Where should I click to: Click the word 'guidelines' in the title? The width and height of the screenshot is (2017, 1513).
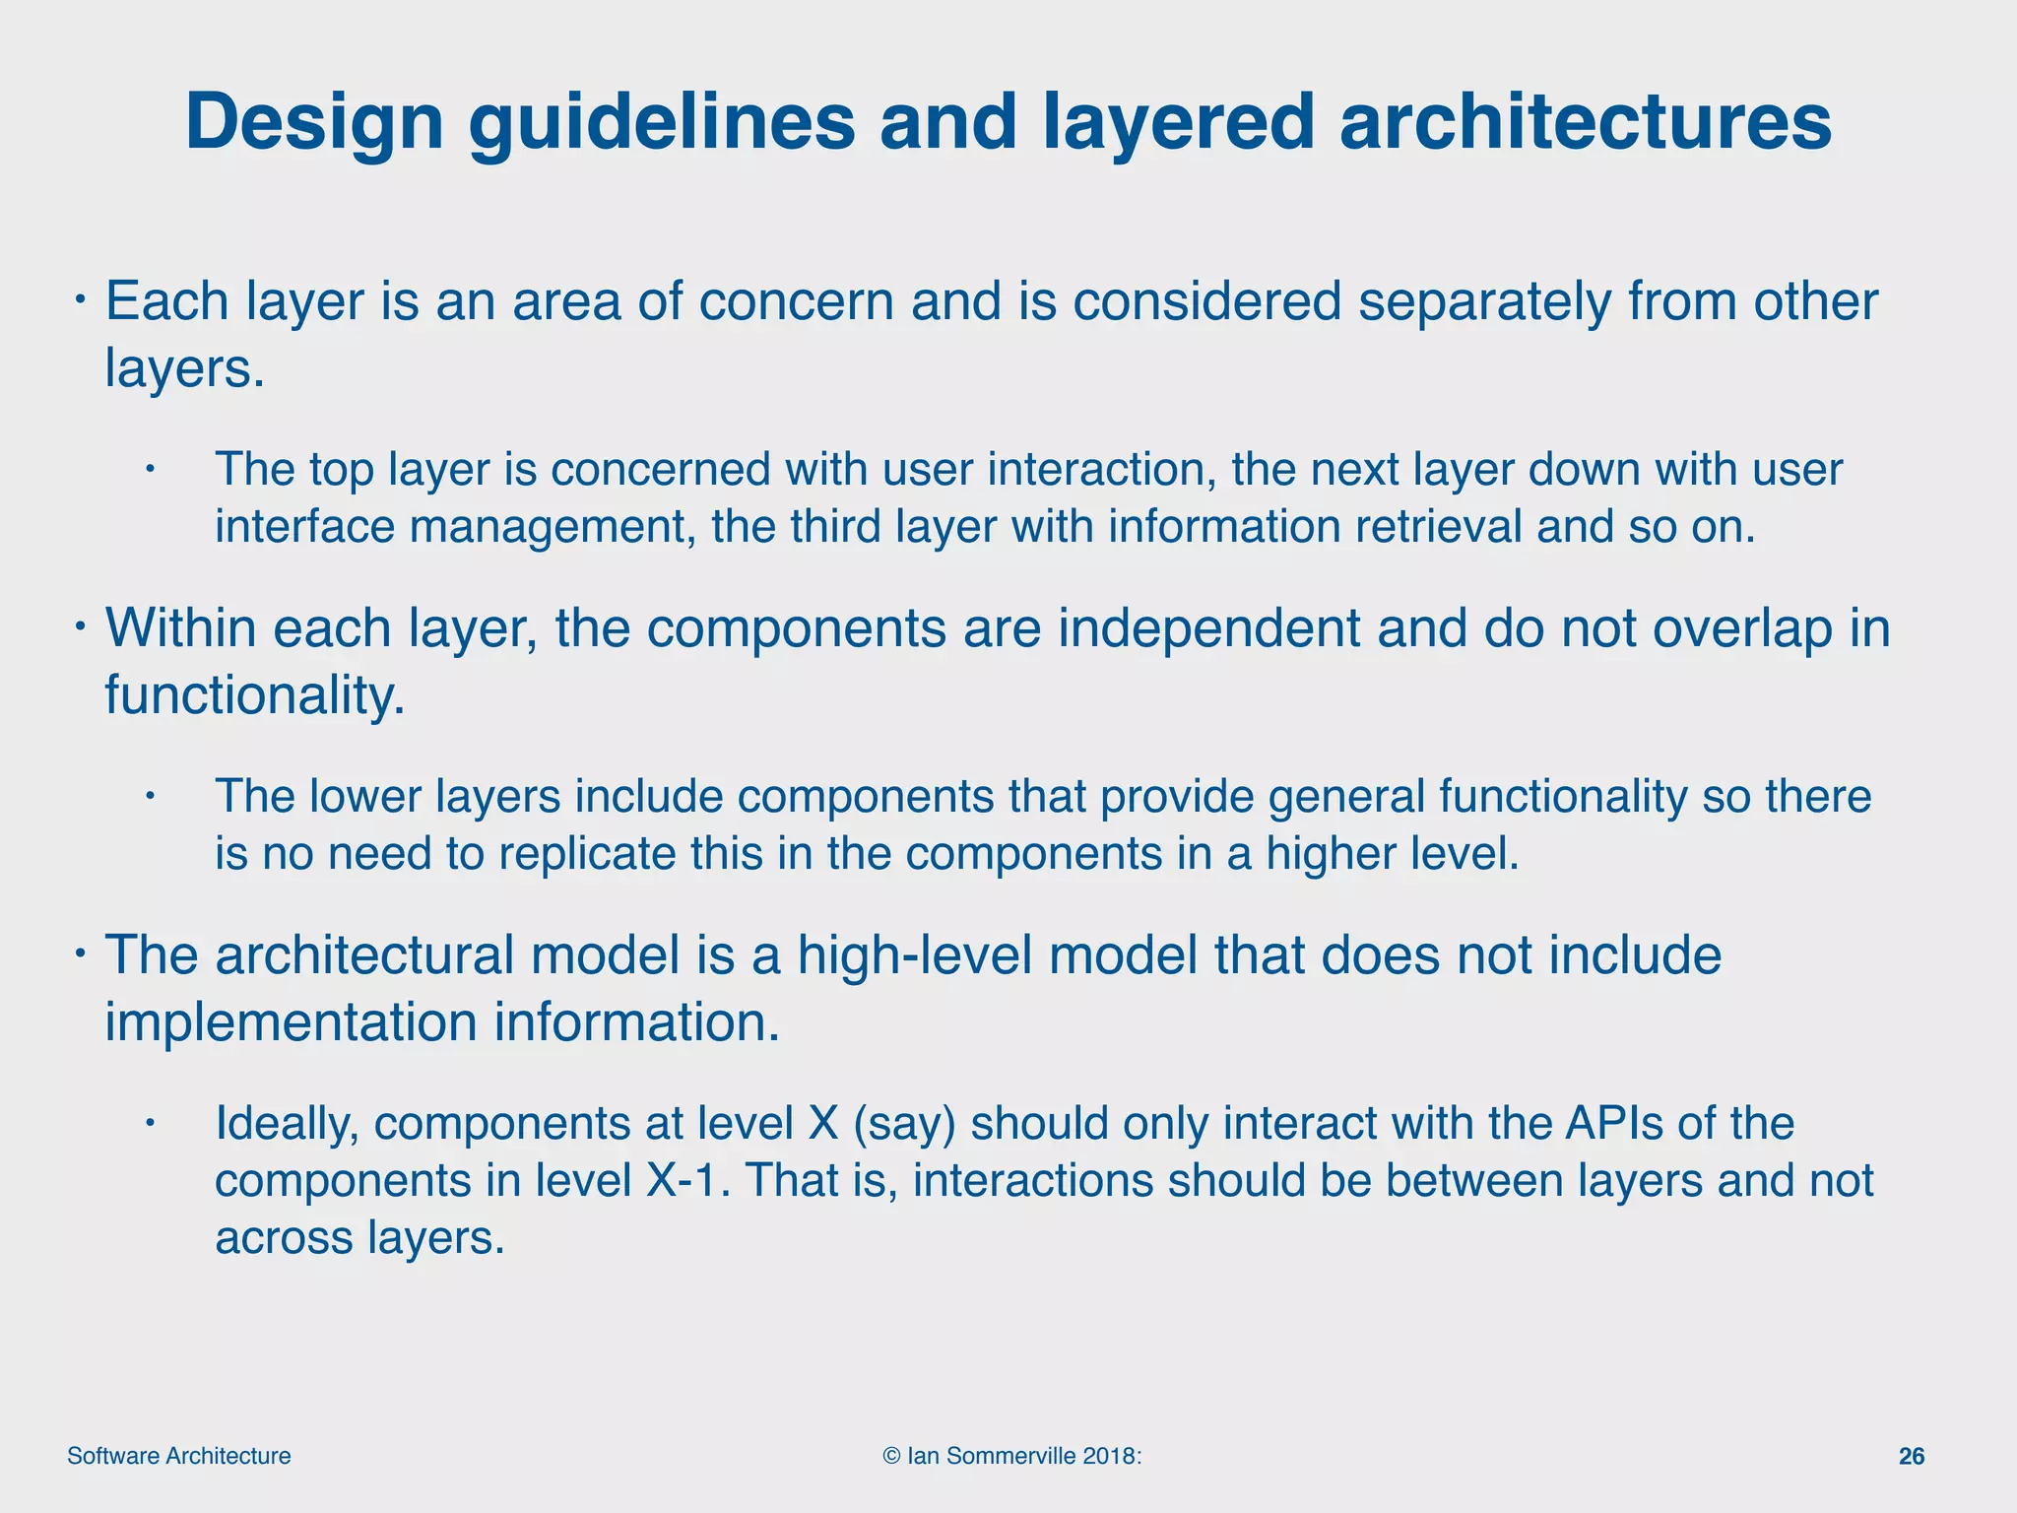662,122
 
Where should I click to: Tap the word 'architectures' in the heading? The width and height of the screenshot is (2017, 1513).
1585,122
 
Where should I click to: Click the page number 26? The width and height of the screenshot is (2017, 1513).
1911,1456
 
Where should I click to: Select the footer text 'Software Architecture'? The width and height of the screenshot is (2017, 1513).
178,1456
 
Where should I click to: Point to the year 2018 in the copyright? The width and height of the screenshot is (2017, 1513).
1110,1456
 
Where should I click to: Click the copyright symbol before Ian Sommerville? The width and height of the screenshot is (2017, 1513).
891,1456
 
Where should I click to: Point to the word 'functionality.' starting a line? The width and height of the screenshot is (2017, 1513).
254,695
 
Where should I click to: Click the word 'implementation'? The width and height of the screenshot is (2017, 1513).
291,1022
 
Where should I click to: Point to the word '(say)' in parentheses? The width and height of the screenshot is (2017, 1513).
903,1124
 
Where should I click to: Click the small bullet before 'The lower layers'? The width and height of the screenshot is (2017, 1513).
150,795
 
